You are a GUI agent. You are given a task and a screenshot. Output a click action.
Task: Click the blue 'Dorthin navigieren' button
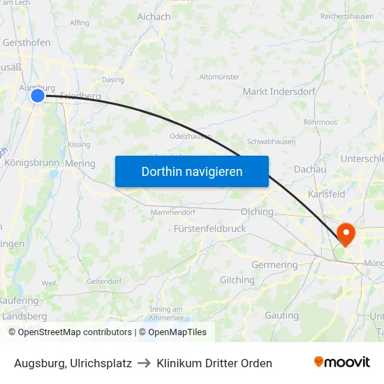pyautogui.click(x=191, y=171)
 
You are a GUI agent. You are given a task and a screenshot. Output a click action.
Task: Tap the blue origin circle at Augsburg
pyautogui.click(x=38, y=96)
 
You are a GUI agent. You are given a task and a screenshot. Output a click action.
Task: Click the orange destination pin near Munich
pyautogui.click(x=346, y=232)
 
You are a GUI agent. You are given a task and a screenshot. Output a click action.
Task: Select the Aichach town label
pyautogui.click(x=154, y=17)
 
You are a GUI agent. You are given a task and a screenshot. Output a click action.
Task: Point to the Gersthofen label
pyautogui.click(x=27, y=43)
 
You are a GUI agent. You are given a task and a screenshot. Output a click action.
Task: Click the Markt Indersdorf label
pyautogui.click(x=279, y=91)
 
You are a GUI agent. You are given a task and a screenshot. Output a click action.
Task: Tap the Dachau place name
pyautogui.click(x=310, y=169)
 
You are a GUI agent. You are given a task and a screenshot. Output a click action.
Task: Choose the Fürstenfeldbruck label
pyautogui.click(x=209, y=228)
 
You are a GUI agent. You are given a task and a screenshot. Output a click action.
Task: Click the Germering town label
pyautogui.click(x=274, y=265)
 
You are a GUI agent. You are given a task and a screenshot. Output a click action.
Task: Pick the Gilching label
pyautogui.click(x=237, y=280)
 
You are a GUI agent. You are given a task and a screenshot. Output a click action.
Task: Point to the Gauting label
pyautogui.click(x=281, y=315)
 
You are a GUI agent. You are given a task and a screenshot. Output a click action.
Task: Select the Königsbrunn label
pyautogui.click(x=32, y=163)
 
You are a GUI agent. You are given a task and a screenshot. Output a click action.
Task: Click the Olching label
pyautogui.click(x=256, y=211)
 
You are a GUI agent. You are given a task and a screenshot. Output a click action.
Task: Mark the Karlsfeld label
pyautogui.click(x=326, y=194)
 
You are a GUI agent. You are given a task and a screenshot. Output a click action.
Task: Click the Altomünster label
pyautogui.click(x=219, y=77)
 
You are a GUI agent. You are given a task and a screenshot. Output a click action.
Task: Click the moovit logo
pyautogui.click(x=342, y=362)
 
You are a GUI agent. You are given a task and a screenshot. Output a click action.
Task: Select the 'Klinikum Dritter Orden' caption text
pyautogui.click(x=214, y=363)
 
